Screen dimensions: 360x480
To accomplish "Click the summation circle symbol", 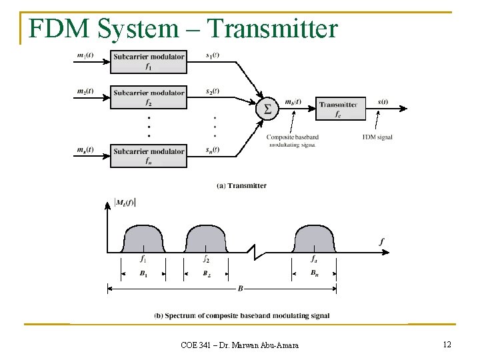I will [x=267, y=109].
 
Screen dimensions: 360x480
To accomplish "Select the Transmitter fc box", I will [x=341, y=109].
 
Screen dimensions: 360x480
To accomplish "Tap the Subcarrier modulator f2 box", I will [x=149, y=97].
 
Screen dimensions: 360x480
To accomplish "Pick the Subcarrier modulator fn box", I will [x=149, y=156].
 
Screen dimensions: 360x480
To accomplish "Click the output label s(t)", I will [x=383, y=102].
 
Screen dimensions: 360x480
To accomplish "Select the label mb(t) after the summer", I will [x=293, y=102].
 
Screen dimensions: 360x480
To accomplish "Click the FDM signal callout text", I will [x=377, y=137].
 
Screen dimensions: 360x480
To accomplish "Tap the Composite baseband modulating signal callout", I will [x=293, y=141].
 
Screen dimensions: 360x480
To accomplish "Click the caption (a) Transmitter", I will [x=242, y=185].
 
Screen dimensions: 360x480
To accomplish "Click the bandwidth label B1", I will [x=143, y=273].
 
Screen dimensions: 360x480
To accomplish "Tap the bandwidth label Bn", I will [x=315, y=273].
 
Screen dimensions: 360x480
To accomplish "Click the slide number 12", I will [x=447, y=344].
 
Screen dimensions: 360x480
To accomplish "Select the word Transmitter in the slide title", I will [x=273, y=29].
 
